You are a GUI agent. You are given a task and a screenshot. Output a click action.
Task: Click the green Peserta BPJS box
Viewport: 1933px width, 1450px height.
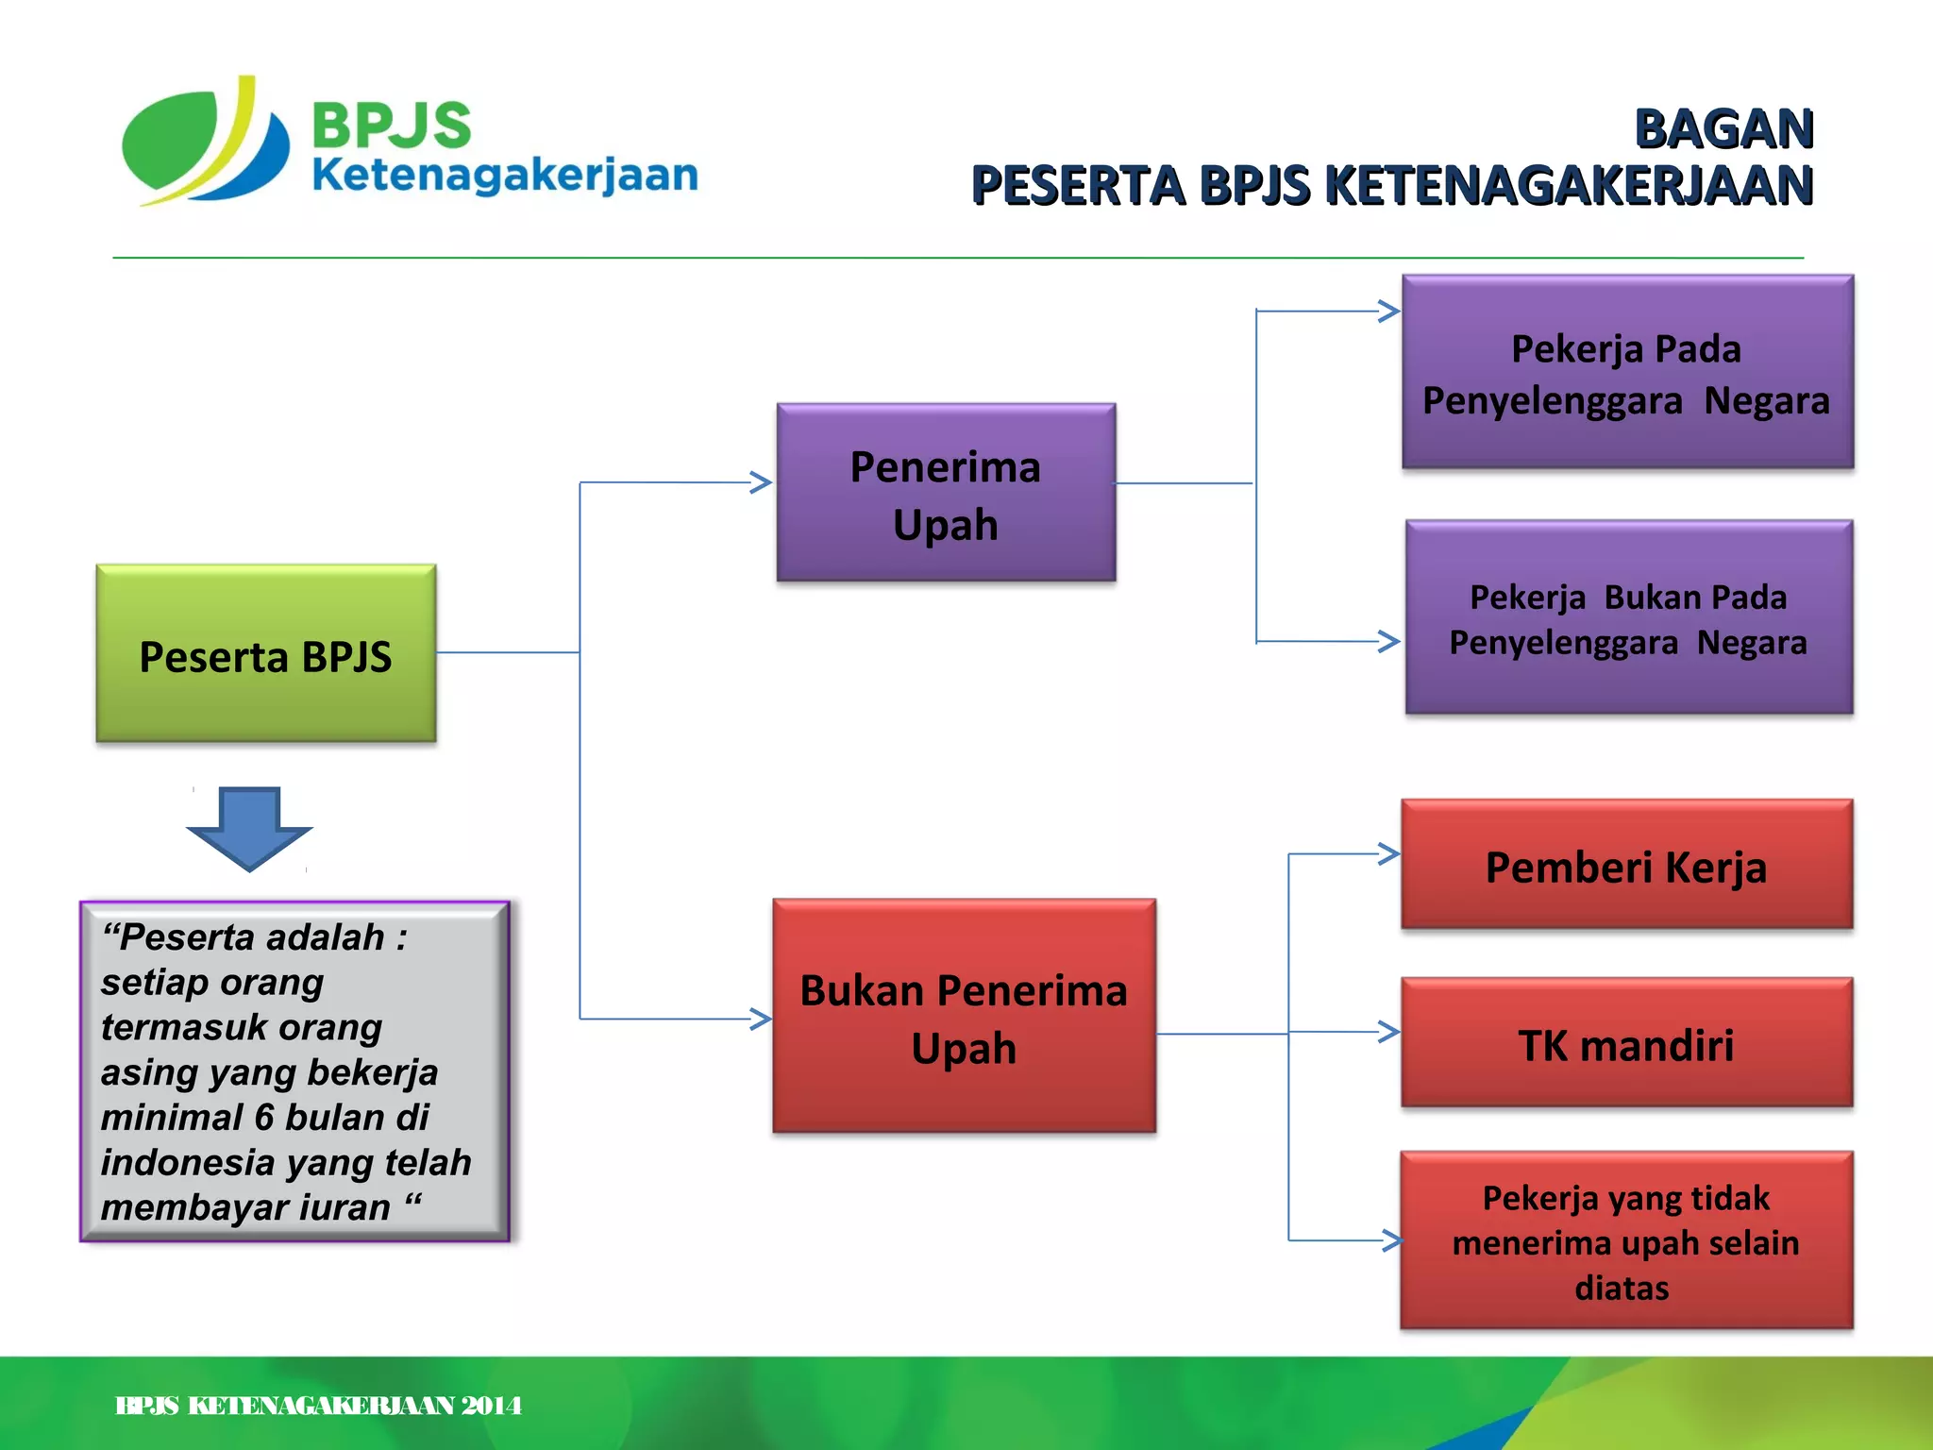[265, 653]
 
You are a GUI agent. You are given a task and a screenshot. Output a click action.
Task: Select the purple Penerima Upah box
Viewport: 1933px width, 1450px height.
[946, 492]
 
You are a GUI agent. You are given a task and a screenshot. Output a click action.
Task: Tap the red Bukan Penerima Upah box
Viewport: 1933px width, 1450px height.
[964, 1016]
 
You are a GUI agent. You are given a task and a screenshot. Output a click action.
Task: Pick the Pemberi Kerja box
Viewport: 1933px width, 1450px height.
[1626, 865]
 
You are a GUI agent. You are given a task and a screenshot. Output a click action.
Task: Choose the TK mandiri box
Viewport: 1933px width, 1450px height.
[1626, 1042]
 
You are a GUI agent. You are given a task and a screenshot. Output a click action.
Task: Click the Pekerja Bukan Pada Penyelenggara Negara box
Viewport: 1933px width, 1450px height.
[1628, 617]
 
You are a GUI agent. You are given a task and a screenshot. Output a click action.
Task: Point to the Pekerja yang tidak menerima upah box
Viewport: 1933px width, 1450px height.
[1626, 1240]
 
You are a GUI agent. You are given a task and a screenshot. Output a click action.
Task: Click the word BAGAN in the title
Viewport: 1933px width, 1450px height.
[1723, 129]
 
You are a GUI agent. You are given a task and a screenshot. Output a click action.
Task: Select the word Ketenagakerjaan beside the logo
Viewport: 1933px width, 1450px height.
[504, 176]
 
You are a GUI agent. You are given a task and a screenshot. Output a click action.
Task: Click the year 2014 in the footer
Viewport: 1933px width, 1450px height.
[492, 1406]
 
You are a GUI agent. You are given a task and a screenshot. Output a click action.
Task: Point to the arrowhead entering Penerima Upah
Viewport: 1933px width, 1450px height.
[761, 482]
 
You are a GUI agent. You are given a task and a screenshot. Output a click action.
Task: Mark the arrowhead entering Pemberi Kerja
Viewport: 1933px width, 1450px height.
[1388, 853]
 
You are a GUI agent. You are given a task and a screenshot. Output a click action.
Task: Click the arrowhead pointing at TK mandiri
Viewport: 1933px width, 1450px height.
[1388, 1031]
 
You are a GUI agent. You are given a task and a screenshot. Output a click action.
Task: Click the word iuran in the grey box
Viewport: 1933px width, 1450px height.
[344, 1207]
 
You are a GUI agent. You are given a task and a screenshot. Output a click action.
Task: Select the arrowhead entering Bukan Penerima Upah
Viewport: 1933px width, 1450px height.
[761, 1019]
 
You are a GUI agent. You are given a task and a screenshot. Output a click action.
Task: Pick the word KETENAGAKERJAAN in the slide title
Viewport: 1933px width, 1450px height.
[1569, 185]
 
